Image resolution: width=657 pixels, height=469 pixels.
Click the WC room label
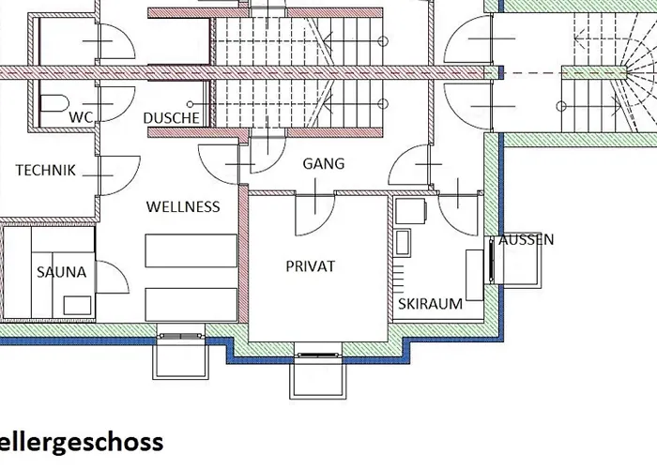(x=81, y=117)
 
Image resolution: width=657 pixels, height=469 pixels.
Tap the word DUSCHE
(x=172, y=118)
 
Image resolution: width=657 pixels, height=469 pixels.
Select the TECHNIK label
(x=46, y=170)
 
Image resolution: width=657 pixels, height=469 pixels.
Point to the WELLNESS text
(x=183, y=206)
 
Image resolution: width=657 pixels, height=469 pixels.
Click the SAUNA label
(x=62, y=272)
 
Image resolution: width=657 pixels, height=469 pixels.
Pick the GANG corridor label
(x=324, y=163)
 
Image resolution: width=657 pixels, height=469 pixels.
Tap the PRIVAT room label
(x=311, y=266)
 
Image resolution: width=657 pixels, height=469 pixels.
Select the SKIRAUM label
(x=430, y=304)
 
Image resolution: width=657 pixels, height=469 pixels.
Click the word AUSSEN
(x=527, y=240)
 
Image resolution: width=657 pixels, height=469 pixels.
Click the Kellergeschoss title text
(x=82, y=442)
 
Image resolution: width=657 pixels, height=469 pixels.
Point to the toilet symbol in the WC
(x=54, y=103)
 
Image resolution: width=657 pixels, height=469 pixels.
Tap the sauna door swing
(x=113, y=277)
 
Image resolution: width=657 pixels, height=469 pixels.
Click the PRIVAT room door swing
(x=315, y=215)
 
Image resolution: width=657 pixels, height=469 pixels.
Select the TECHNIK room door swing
(x=119, y=175)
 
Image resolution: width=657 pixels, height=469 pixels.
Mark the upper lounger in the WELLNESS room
(x=191, y=250)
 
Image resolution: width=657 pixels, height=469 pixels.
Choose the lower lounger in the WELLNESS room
(x=191, y=305)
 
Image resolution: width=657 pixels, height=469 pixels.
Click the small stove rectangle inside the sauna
(x=77, y=305)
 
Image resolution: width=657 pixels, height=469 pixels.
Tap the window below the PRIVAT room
(x=318, y=356)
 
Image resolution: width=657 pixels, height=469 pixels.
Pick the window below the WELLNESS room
(x=180, y=336)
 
